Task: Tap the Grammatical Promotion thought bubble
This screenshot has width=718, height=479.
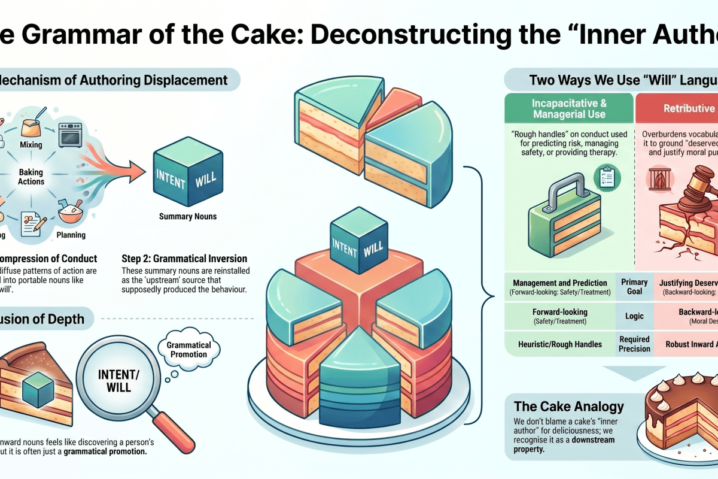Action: tap(188, 350)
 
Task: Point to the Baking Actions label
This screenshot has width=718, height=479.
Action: tap(31, 177)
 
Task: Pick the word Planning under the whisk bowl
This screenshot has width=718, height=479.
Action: tap(71, 235)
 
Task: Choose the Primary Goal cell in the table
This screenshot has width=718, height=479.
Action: tap(634, 286)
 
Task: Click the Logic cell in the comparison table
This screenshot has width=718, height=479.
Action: tap(634, 316)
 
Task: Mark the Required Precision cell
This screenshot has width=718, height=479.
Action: tap(634, 344)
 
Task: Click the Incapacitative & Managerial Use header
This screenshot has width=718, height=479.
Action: tap(568, 108)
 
